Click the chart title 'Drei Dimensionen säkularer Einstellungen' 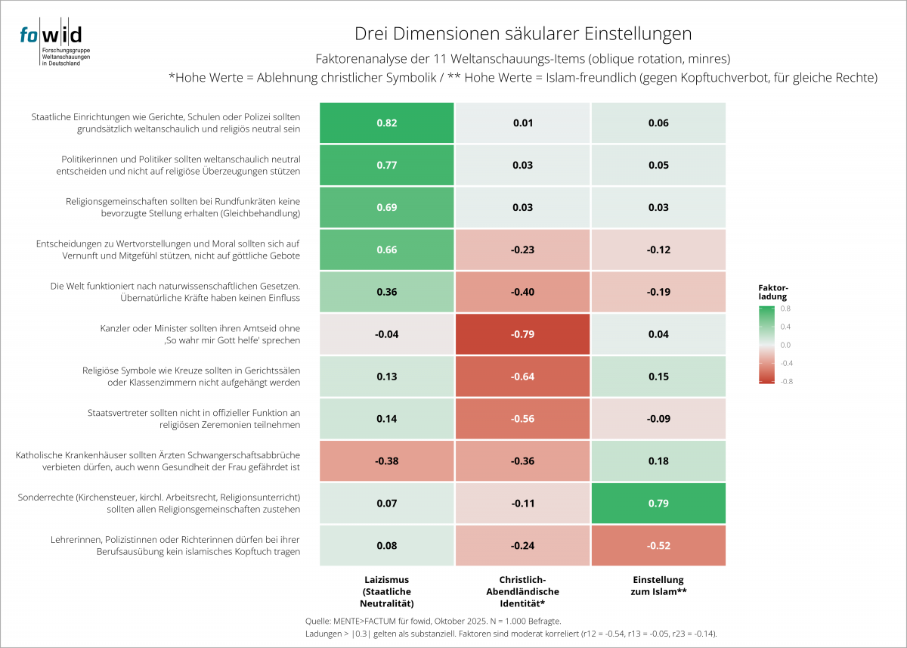click(523, 34)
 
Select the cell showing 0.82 click(386, 122)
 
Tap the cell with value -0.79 click(522, 334)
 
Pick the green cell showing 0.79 click(658, 504)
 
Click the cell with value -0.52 click(658, 546)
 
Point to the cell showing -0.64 click(522, 377)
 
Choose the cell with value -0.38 click(386, 461)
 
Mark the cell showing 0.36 click(386, 292)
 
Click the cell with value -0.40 click(522, 292)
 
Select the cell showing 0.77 click(386, 165)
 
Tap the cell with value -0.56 click(522, 419)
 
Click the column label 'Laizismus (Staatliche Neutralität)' click(387, 591)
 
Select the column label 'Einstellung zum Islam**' click(658, 586)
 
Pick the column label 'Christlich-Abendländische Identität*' click(523, 591)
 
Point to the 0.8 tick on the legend click(786, 308)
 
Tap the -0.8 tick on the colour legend click(786, 381)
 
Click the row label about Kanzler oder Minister click(200, 334)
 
